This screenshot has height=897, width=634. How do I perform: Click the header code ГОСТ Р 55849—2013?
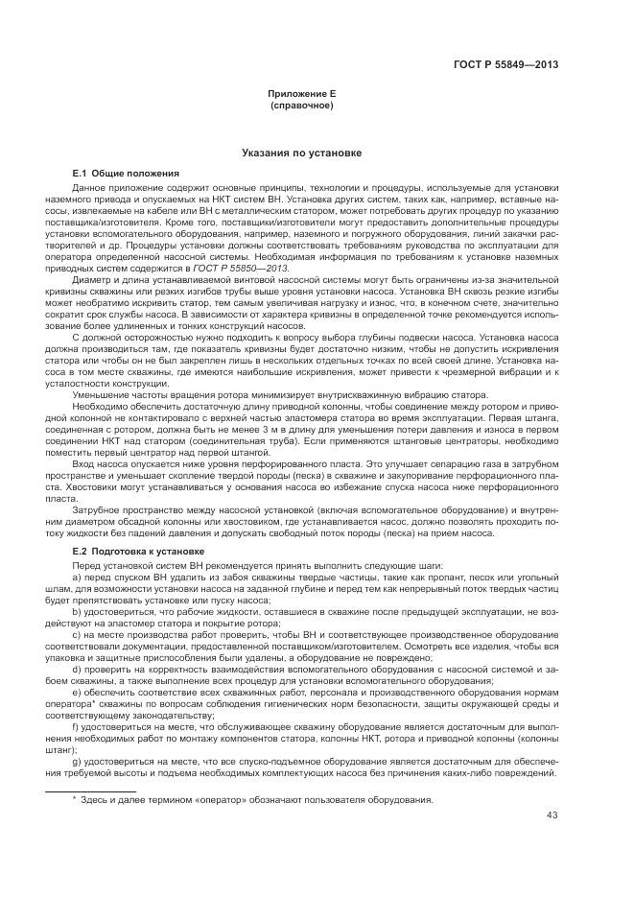point(506,65)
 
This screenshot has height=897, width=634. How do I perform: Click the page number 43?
point(552,815)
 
